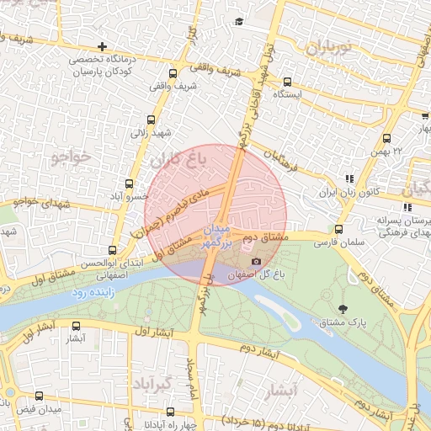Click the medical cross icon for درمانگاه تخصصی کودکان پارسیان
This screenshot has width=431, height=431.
(x=102, y=46)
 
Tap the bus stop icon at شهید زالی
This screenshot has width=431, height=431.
(x=151, y=120)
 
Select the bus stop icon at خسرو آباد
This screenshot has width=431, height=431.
(x=130, y=184)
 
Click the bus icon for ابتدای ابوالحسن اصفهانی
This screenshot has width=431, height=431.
(x=114, y=250)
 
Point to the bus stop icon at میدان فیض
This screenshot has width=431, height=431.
(x=39, y=396)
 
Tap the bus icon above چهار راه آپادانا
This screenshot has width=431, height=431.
(x=171, y=412)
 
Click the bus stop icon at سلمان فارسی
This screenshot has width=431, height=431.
(x=338, y=229)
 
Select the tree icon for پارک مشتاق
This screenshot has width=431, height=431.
(x=342, y=308)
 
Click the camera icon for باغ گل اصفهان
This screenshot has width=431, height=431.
(x=256, y=262)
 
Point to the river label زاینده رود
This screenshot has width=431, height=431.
(x=90, y=293)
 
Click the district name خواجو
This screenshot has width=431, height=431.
(x=70, y=157)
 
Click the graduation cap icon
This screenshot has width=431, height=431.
(x=238, y=21)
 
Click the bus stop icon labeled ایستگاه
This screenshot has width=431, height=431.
(x=288, y=82)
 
